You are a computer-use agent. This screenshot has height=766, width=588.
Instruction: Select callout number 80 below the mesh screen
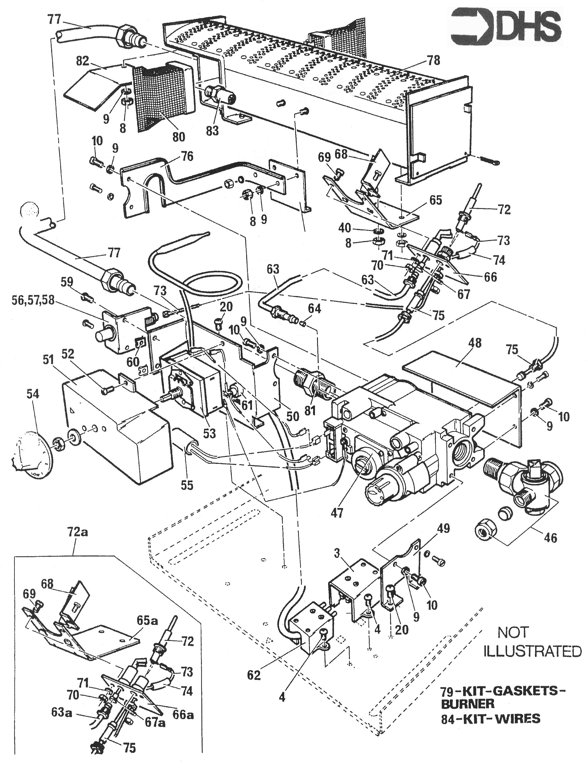coord(179,136)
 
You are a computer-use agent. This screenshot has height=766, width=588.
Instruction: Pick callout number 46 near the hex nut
coord(551,537)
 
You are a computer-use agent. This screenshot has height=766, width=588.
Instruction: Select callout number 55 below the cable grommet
coord(187,485)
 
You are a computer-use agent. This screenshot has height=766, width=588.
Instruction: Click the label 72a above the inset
coord(77,532)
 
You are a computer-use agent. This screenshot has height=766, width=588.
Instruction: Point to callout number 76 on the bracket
coord(187,156)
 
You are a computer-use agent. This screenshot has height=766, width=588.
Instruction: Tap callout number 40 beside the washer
coord(345,228)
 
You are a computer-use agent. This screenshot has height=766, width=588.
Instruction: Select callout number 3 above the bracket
coord(337,554)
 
